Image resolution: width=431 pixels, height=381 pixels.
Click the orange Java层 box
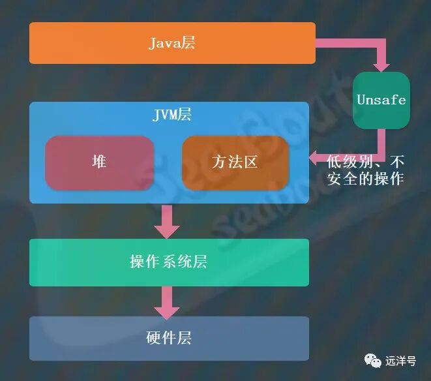(x=172, y=43)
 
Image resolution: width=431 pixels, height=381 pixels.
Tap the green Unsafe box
(x=381, y=100)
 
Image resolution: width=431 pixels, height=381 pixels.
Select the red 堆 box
(x=99, y=162)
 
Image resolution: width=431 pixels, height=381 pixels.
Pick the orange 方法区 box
(x=235, y=162)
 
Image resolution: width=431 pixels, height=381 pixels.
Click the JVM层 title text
(x=171, y=115)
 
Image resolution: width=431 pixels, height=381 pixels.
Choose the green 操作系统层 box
(x=168, y=262)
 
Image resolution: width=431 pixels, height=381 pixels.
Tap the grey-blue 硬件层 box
(x=168, y=338)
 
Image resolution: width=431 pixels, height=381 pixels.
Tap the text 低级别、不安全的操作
(x=365, y=170)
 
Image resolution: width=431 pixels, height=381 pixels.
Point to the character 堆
(x=99, y=162)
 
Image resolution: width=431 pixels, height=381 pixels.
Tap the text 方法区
(x=235, y=162)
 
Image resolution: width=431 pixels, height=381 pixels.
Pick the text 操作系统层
(x=168, y=262)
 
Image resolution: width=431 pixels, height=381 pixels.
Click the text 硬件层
(x=168, y=338)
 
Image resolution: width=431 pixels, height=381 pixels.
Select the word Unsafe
(x=381, y=100)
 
